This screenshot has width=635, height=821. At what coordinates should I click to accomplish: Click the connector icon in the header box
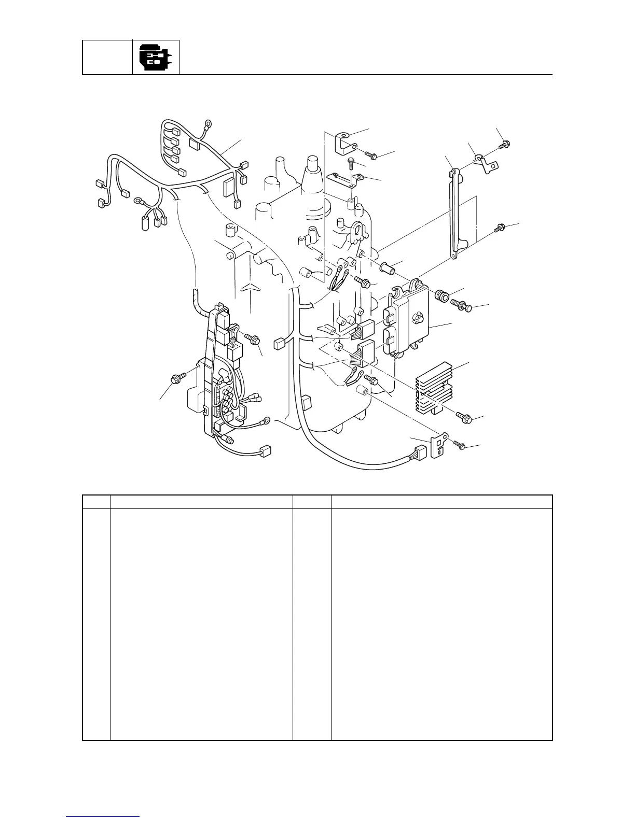[156, 58]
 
